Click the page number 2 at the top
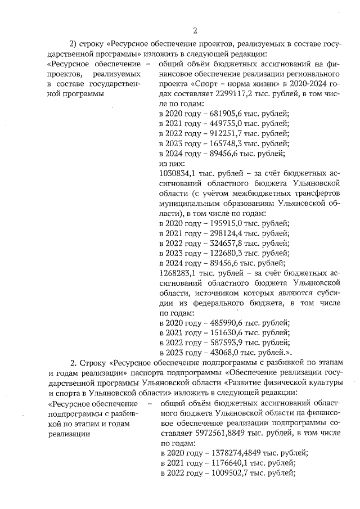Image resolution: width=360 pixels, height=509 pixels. pos(195,30)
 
